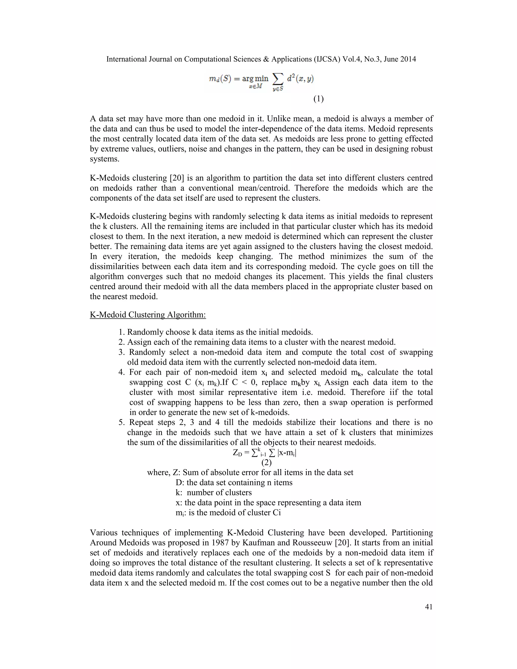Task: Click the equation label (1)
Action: [318, 99]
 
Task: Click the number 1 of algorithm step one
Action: [121, 332]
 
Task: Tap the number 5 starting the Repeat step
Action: [121, 422]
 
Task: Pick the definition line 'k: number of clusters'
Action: [214, 493]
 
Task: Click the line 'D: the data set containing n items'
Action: [234, 482]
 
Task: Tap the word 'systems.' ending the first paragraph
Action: [105, 159]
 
